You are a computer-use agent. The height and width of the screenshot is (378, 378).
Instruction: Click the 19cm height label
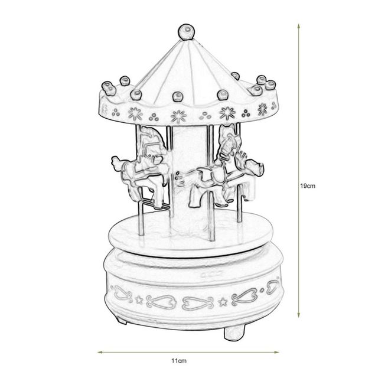pos(309,185)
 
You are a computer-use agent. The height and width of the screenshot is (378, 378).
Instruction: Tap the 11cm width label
pos(180,360)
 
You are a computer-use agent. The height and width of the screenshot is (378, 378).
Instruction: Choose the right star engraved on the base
pos(223,302)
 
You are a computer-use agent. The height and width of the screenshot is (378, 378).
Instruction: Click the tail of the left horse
pos(116,161)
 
